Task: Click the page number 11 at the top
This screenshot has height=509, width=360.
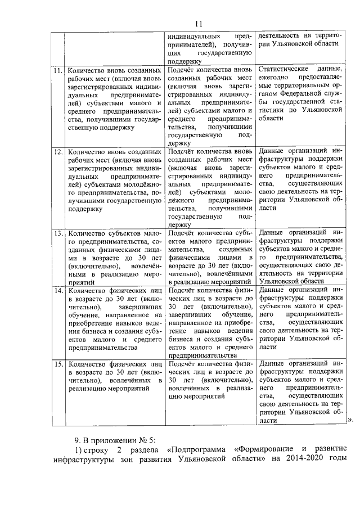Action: coord(199,23)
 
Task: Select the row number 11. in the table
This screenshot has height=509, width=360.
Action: coord(57,71)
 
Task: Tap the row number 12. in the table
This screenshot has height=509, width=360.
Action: coord(57,152)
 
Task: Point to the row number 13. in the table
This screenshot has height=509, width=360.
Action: coord(57,232)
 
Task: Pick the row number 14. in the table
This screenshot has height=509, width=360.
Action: coord(57,291)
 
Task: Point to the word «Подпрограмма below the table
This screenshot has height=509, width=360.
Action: coord(200,452)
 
